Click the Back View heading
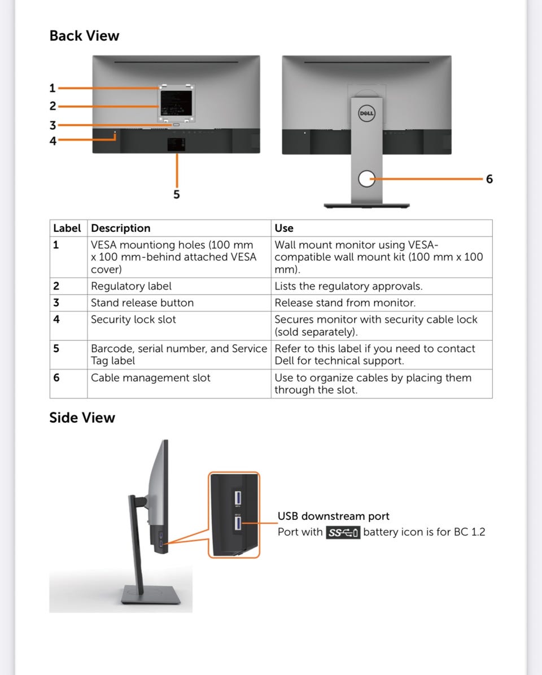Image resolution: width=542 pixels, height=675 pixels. click(84, 36)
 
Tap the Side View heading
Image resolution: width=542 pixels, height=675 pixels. click(82, 418)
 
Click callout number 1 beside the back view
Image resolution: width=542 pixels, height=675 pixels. click(53, 88)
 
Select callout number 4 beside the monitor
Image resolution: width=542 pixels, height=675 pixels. click(53, 141)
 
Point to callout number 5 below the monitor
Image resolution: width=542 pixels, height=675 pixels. click(177, 195)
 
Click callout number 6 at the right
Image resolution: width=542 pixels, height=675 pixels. click(489, 179)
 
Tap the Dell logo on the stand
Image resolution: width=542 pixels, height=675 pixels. click(367, 113)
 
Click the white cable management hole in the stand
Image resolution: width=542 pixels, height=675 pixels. click(367, 179)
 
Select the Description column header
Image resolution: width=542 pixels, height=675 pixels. click(121, 228)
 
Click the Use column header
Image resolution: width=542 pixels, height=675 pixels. click(284, 228)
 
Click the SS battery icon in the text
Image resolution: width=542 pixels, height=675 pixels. click(343, 533)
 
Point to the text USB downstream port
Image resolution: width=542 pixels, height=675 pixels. click(333, 516)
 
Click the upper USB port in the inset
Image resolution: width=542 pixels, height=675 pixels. click(237, 498)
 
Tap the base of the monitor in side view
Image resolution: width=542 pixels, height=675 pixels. click(151, 595)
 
